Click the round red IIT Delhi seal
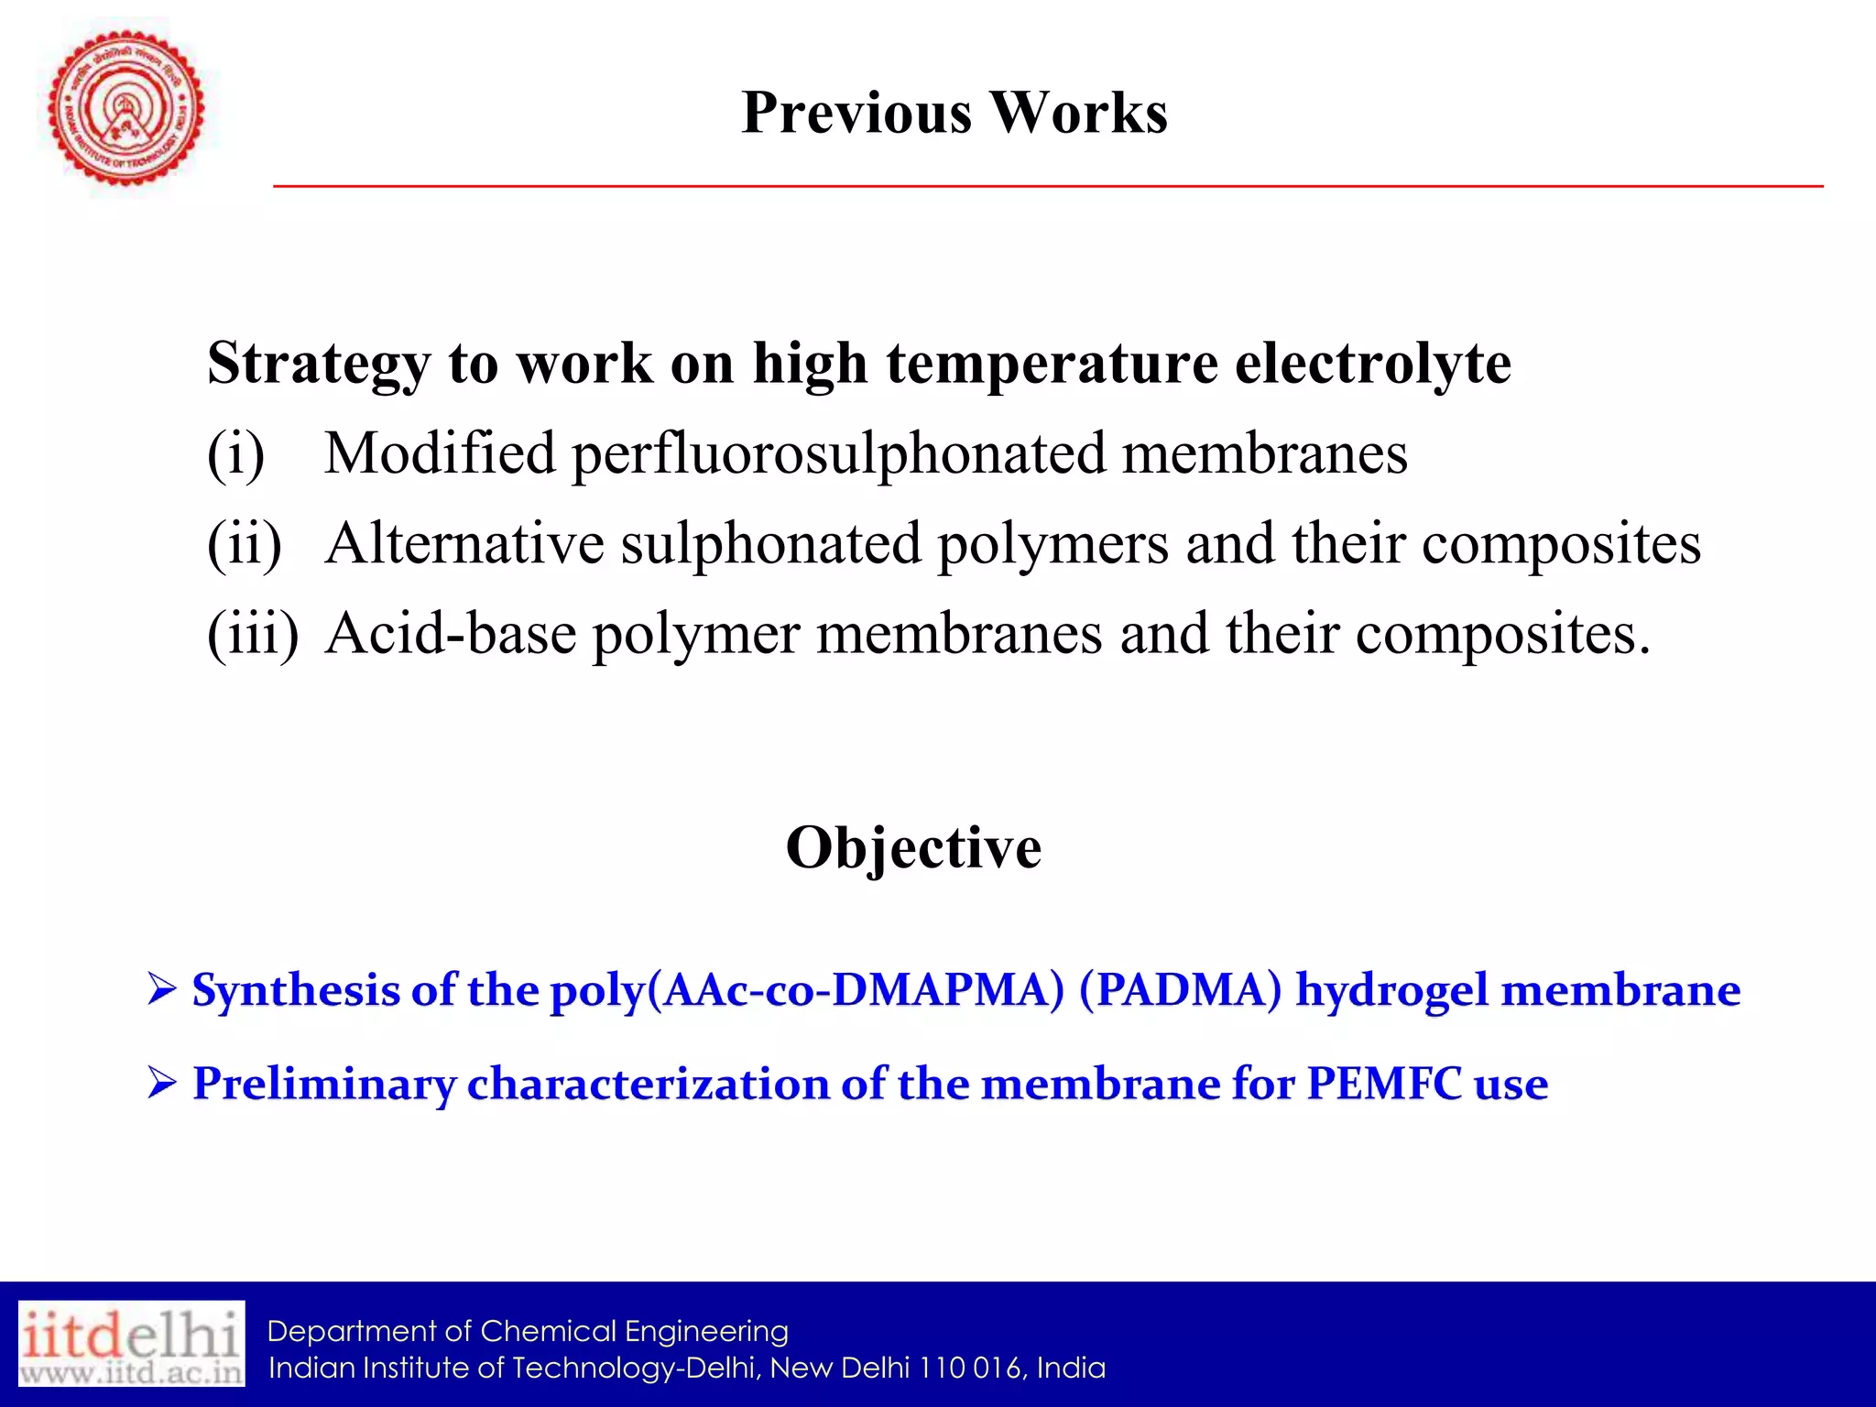126,108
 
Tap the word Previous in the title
856,113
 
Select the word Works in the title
1078,113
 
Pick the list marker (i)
235,453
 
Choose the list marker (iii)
253,633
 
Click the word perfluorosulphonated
838,453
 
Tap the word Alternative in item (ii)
464,543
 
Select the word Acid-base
451,633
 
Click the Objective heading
913,847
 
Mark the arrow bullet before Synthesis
161,990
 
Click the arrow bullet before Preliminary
161,1084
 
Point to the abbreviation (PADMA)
1180,990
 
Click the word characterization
648,1084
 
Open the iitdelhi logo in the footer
132,1343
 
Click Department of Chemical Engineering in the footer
528,1331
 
